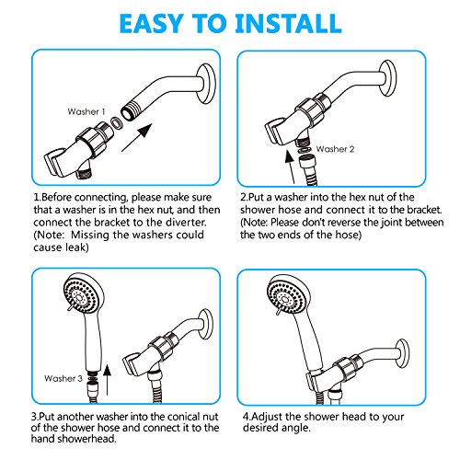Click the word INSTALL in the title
(288, 23)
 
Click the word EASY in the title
(152, 23)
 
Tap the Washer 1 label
(86, 111)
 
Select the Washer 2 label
(335, 149)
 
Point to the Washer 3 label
(63, 378)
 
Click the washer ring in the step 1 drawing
(116, 122)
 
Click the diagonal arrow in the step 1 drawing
(137, 138)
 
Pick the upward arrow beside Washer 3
(107, 380)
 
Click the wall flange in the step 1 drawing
(205, 84)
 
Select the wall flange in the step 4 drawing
(402, 353)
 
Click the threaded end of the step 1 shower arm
(130, 111)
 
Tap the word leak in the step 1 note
(77, 247)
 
